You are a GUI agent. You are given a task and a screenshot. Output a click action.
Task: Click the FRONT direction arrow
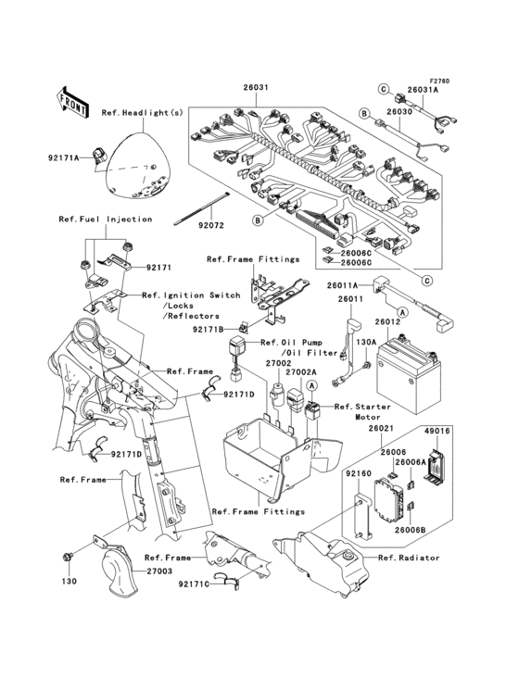pos(73,96)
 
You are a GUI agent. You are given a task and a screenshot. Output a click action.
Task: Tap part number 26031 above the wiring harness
pos(256,88)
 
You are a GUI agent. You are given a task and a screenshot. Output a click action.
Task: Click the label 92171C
pos(196,584)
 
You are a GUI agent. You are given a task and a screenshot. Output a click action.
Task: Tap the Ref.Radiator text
pos(409,558)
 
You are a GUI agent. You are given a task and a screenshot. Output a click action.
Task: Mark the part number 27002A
pos(301,371)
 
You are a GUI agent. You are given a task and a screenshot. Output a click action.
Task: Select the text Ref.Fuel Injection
pos(104,220)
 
